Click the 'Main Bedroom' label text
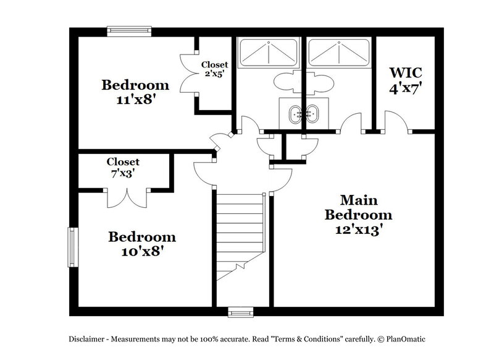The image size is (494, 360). tap(358, 208)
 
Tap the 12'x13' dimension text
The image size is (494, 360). tap(358, 228)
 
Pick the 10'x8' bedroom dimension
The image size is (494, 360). tap(142, 252)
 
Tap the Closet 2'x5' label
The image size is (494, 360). tap(214, 68)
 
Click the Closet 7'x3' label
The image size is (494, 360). tap(123, 168)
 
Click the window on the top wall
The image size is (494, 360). tap(129, 30)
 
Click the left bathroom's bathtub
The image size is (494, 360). tap(267, 52)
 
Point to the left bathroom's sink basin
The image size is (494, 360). tap(298, 113)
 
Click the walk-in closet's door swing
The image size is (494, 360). tap(396, 121)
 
